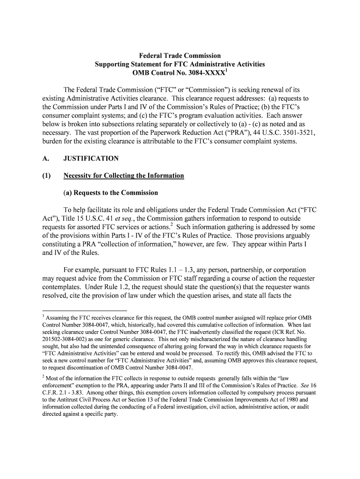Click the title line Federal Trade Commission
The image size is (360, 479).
[180, 56]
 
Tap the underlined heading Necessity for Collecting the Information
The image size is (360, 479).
[124, 175]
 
